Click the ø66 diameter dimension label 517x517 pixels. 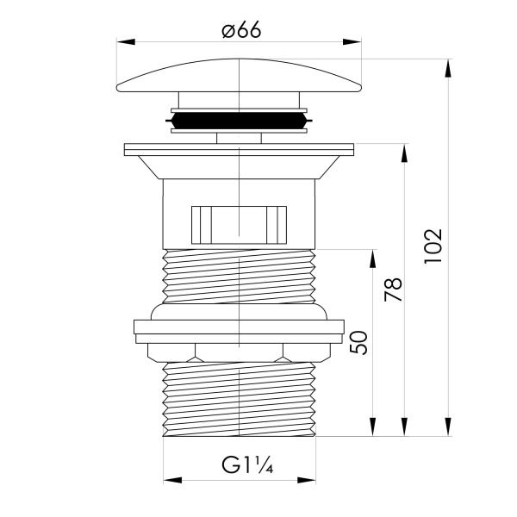click(241, 29)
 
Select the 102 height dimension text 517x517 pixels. click(433, 246)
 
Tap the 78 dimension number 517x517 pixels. click(394, 290)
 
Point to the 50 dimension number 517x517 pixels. click(358, 343)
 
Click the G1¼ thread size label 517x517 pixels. click(247, 465)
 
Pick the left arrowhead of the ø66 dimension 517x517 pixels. click(126, 42)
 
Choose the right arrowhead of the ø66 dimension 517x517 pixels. click(352, 42)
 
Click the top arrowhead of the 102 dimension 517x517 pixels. click(448, 69)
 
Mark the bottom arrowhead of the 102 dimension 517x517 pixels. click(448, 427)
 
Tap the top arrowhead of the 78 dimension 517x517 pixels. click(404, 153)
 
